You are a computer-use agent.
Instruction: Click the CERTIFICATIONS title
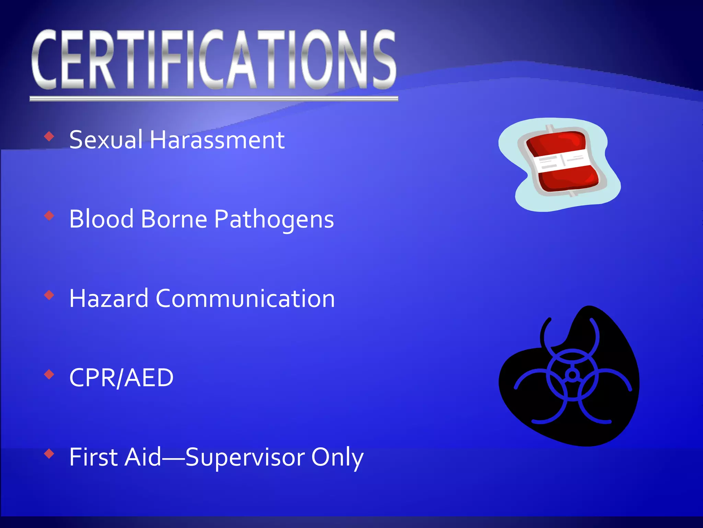tap(214, 59)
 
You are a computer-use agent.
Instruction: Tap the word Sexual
tap(106, 140)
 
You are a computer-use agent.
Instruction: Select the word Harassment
tap(217, 140)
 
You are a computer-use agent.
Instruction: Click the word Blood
tap(101, 219)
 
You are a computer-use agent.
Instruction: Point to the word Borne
tap(174, 219)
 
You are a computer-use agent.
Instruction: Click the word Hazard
tap(108, 298)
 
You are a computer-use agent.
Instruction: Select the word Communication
tap(245, 298)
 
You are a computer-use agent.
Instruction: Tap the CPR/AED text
tap(121, 378)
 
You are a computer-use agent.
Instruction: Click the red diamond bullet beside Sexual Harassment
tap(49, 136)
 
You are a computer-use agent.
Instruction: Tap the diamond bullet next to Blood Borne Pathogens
tap(49, 216)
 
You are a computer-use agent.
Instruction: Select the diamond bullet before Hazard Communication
tap(49, 295)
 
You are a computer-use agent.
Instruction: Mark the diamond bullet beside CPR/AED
tap(49, 374)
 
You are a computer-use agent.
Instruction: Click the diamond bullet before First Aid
tap(49, 454)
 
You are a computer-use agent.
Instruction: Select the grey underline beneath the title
tap(214, 99)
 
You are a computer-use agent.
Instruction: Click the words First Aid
tap(115, 457)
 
